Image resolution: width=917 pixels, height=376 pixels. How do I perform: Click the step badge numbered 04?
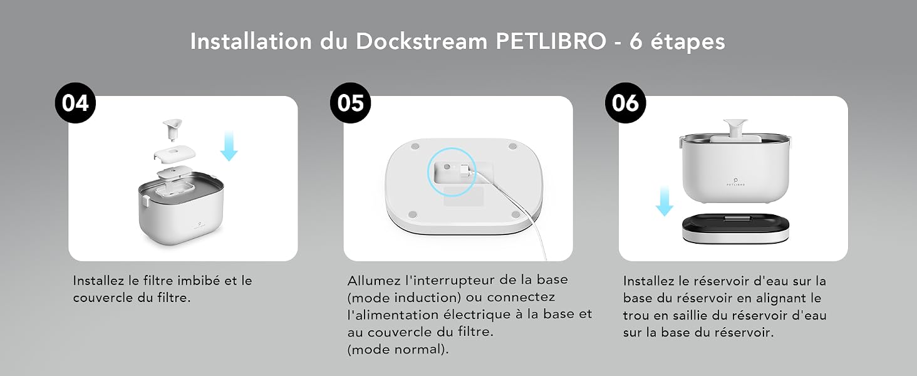75,103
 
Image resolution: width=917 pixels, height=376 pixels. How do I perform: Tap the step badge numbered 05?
350,103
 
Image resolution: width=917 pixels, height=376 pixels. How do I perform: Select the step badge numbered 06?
626,103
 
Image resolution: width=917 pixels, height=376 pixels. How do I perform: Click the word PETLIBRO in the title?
551,41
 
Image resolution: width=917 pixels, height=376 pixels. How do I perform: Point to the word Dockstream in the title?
422,41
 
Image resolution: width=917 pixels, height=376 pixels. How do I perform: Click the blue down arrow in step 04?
229,146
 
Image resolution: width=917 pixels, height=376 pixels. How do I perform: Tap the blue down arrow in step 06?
665,201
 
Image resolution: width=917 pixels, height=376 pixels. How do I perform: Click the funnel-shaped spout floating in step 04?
172,129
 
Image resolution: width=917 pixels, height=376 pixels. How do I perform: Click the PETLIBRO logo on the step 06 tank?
735,182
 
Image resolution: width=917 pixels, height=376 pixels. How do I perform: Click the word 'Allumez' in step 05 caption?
374,280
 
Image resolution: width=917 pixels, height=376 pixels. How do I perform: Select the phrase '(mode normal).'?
398,350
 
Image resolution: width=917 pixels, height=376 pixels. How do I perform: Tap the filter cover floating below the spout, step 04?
174,154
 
